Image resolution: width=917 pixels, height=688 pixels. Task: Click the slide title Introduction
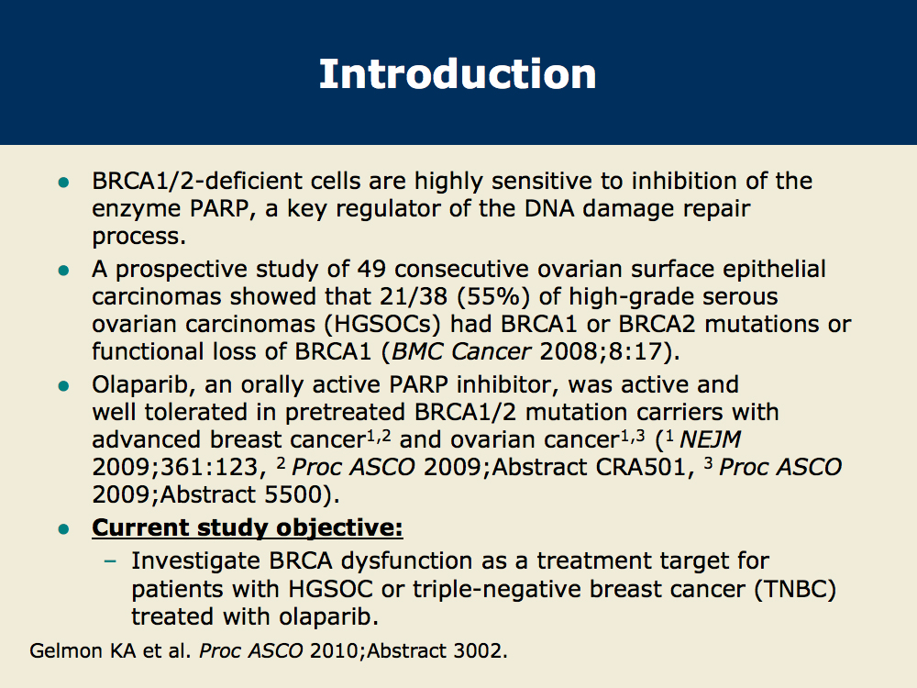tap(458, 74)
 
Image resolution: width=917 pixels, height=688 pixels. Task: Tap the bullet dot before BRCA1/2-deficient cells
tap(64, 183)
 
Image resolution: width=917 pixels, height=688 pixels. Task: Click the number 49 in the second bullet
tap(371, 269)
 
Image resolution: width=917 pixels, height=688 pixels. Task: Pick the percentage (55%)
tap(493, 296)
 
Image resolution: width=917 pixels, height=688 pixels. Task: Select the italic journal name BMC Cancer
tap(461, 351)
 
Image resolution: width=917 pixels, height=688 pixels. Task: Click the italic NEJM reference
tap(710, 439)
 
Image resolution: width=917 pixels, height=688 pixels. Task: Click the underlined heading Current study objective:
tap(248, 527)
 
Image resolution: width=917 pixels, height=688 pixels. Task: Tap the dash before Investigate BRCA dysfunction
tap(110, 561)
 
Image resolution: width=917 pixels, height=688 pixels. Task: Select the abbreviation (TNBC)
tap(795, 589)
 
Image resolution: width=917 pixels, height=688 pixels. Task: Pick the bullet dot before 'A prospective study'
tap(64, 271)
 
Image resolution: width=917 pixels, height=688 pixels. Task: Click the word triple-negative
tap(496, 589)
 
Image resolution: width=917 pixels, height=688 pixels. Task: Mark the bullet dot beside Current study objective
tap(64, 529)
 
